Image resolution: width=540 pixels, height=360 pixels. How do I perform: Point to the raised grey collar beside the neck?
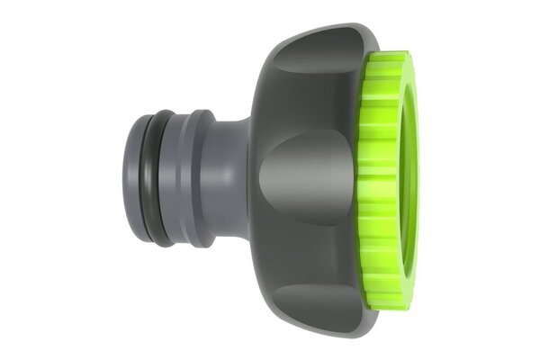(x=200, y=179)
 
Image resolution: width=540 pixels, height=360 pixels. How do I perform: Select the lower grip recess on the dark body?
(x=310, y=288)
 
